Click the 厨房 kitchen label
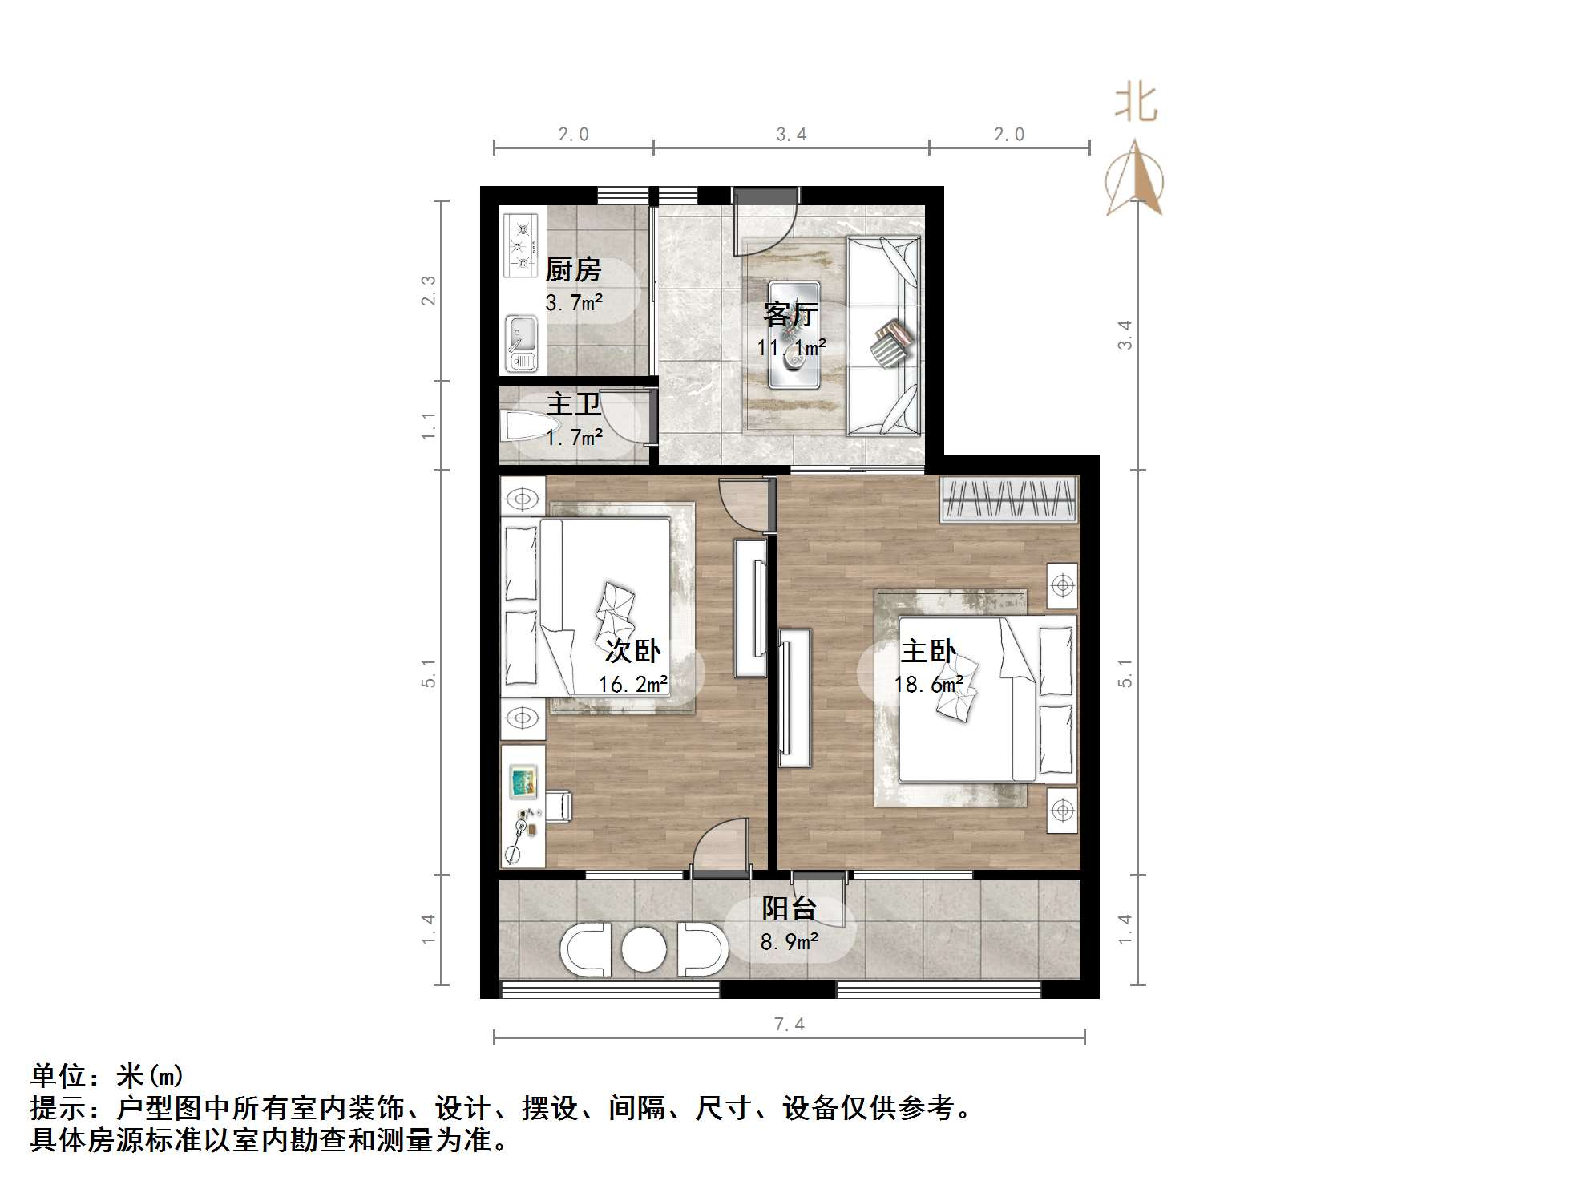[x=573, y=270]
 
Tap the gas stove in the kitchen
[x=521, y=245]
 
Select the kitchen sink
[x=521, y=344]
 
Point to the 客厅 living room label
[x=789, y=314]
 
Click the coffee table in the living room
[x=794, y=335]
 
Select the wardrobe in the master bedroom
[x=1009, y=499]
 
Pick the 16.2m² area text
[x=632, y=685]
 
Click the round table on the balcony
[x=644, y=951]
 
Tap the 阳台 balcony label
[x=789, y=908]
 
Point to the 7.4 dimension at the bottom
[x=789, y=1024]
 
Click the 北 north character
[x=1136, y=104]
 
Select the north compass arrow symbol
[x=1134, y=180]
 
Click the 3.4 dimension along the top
[x=790, y=135]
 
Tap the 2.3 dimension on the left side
[x=429, y=290]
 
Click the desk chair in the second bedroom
[x=559, y=806]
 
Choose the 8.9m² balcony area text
[x=789, y=942]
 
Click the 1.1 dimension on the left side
[x=429, y=426]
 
